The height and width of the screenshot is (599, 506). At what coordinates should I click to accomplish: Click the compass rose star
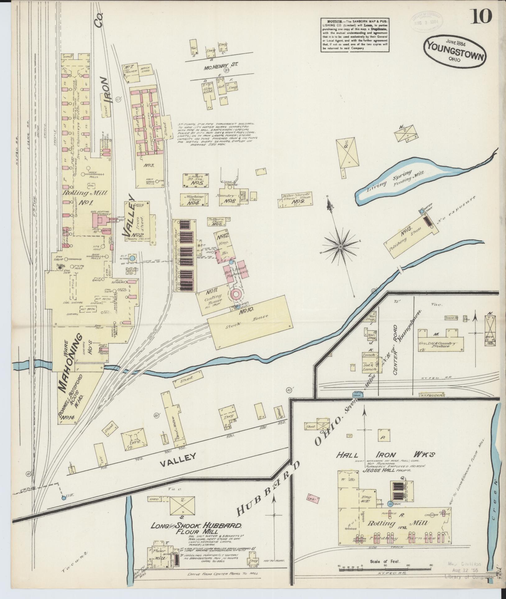[x=340, y=247]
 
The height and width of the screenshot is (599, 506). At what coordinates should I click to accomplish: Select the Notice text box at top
[x=355, y=35]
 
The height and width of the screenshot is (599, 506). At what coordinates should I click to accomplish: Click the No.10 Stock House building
[x=250, y=322]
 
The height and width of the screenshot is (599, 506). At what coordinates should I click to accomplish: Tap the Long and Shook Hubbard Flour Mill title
[x=196, y=527]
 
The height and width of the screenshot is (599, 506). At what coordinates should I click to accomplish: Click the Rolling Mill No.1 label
[x=85, y=197]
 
